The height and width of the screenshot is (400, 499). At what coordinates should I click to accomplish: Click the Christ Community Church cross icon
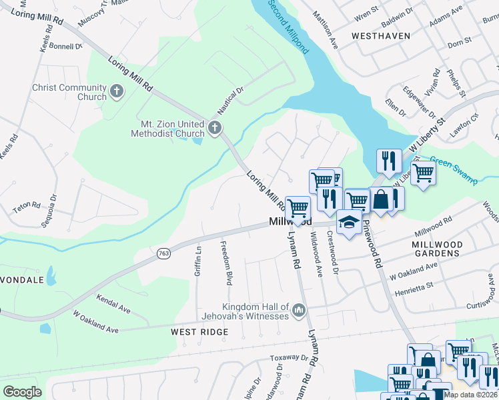point(117,91)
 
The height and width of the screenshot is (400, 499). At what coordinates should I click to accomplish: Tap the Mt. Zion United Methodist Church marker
point(214,128)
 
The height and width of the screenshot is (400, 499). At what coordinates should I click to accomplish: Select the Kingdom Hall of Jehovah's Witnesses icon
point(298,311)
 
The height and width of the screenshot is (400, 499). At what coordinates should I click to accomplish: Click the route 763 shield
point(163,253)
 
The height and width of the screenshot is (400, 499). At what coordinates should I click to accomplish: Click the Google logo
point(23,391)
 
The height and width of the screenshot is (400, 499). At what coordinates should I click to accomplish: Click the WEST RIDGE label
point(199,331)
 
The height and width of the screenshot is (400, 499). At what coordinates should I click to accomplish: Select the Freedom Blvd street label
point(227,263)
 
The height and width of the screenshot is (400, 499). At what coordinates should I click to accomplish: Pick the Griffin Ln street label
point(198,261)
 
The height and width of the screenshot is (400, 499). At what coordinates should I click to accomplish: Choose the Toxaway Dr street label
point(289,358)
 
